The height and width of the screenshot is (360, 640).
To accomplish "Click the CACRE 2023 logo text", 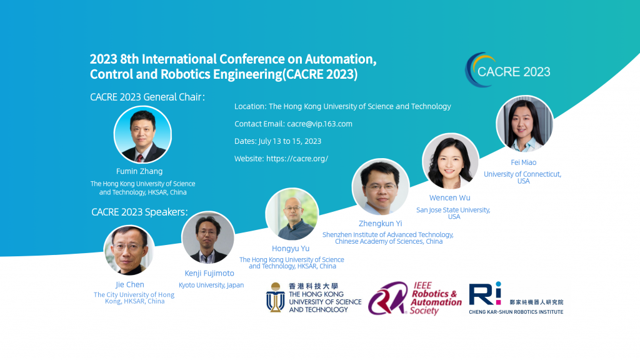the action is coord(514,72).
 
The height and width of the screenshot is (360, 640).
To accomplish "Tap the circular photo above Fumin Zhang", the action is coord(142,135).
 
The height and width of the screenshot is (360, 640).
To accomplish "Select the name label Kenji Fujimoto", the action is coord(209,273).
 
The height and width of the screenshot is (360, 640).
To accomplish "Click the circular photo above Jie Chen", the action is coord(129,250).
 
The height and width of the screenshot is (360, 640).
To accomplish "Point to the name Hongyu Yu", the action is coord(291,249).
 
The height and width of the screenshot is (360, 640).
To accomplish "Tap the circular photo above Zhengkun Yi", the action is coord(381,187).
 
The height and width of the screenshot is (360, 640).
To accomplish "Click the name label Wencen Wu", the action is coord(450,197).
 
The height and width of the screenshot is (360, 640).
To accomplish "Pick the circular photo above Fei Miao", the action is coord(524,124).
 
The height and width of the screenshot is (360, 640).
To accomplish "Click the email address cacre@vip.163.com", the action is coord(319,124).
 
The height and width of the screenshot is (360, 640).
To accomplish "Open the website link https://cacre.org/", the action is coord(297,158).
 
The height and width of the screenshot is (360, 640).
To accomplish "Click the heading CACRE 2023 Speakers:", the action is coord(139,212).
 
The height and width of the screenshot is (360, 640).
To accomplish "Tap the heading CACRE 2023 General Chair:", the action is coord(147,97).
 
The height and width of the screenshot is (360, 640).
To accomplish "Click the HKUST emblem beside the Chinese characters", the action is coord(276,297).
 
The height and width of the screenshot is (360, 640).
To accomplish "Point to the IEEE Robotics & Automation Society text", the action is coord(436,298).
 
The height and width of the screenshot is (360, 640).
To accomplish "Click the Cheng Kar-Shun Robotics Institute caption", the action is coord(516,312).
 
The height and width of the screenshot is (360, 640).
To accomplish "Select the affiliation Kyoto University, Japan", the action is coord(211,285).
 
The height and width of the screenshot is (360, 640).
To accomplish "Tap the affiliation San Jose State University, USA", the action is coord(453,213).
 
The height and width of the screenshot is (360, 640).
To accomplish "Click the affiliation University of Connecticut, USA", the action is coord(522,177).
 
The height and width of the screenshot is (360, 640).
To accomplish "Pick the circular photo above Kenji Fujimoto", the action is coord(208,237).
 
